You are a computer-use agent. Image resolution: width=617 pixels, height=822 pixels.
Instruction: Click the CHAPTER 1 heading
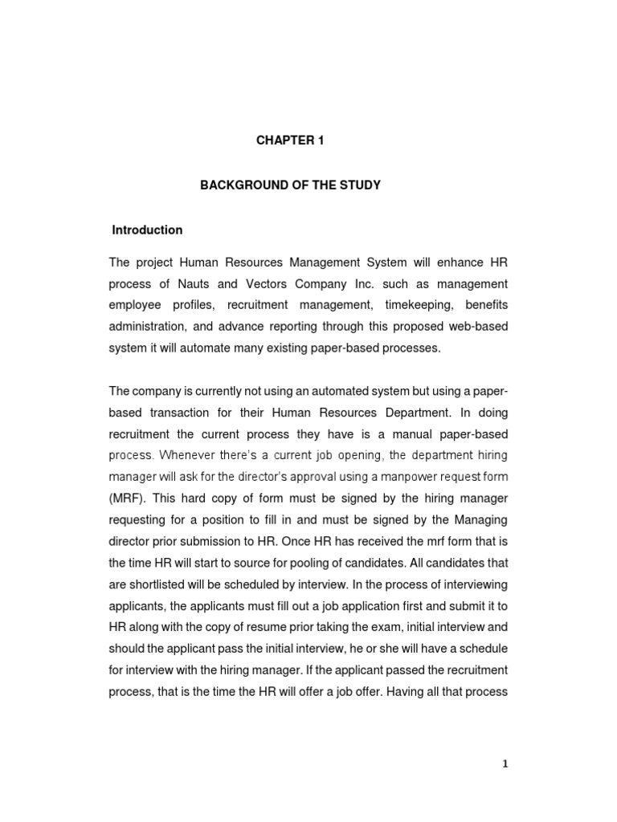click(x=289, y=140)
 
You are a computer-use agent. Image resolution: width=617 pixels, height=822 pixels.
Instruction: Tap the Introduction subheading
click(x=147, y=230)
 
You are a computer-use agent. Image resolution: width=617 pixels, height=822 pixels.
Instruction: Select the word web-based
click(x=478, y=328)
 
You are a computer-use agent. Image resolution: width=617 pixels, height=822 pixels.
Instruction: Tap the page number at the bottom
click(x=505, y=765)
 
